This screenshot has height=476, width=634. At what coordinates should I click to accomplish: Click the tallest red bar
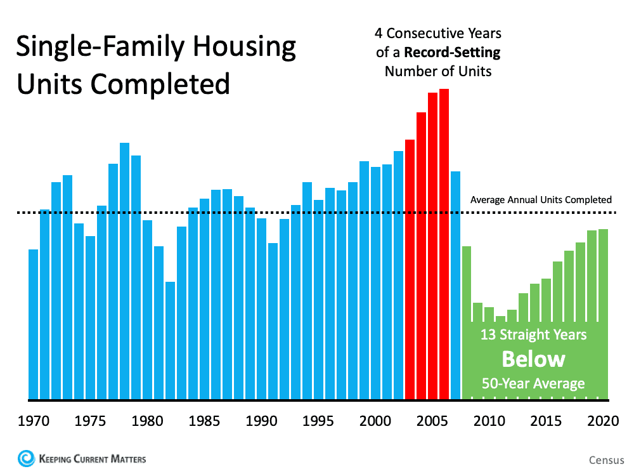tap(444, 244)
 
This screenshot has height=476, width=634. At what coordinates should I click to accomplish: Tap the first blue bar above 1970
tap(33, 324)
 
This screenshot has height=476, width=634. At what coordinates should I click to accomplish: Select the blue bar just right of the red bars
tap(455, 286)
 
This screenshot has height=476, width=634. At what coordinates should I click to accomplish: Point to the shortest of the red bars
tap(410, 270)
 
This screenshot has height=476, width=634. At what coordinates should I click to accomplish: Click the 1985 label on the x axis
tap(204, 421)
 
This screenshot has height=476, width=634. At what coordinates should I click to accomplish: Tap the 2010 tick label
tap(489, 421)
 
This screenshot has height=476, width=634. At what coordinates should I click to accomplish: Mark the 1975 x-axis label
tap(90, 421)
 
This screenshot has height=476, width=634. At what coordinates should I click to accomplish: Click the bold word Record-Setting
tap(460, 51)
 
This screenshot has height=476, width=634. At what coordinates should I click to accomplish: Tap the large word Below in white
tap(533, 359)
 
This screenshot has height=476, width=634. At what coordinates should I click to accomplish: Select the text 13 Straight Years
tap(533, 334)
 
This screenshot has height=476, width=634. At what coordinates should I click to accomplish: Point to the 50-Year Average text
tap(533, 383)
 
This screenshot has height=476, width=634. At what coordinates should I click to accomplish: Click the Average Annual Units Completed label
tap(541, 200)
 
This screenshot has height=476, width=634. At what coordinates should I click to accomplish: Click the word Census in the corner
tap(606, 459)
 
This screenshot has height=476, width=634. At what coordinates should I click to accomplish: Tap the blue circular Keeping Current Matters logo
tap(27, 458)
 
